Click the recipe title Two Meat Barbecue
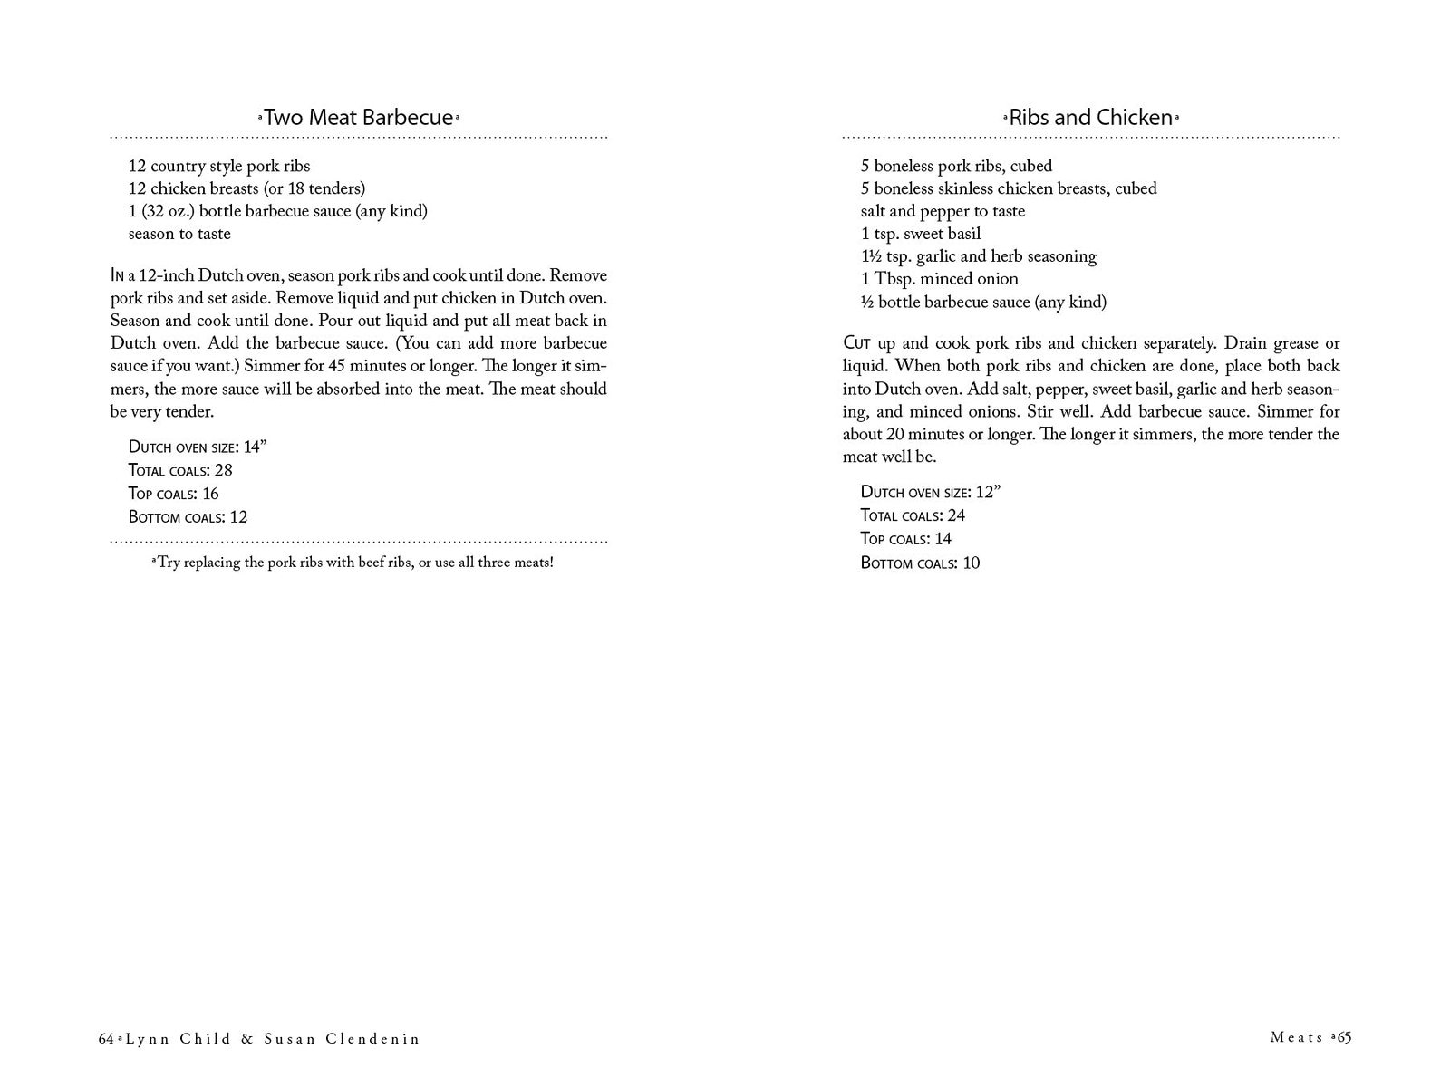[358, 118]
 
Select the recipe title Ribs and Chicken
[1091, 118]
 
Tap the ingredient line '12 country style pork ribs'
[219, 166]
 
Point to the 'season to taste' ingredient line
[179, 234]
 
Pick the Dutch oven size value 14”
[255, 447]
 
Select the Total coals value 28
[223, 470]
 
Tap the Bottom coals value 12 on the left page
[238, 517]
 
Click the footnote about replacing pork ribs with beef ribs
[353, 563]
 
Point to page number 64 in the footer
[106, 1039]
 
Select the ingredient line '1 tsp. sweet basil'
[921, 234]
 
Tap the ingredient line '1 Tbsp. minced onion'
[939, 279]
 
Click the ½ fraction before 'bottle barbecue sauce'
[866, 302]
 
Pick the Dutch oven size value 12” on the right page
[987, 492]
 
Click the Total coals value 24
[955, 515]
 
